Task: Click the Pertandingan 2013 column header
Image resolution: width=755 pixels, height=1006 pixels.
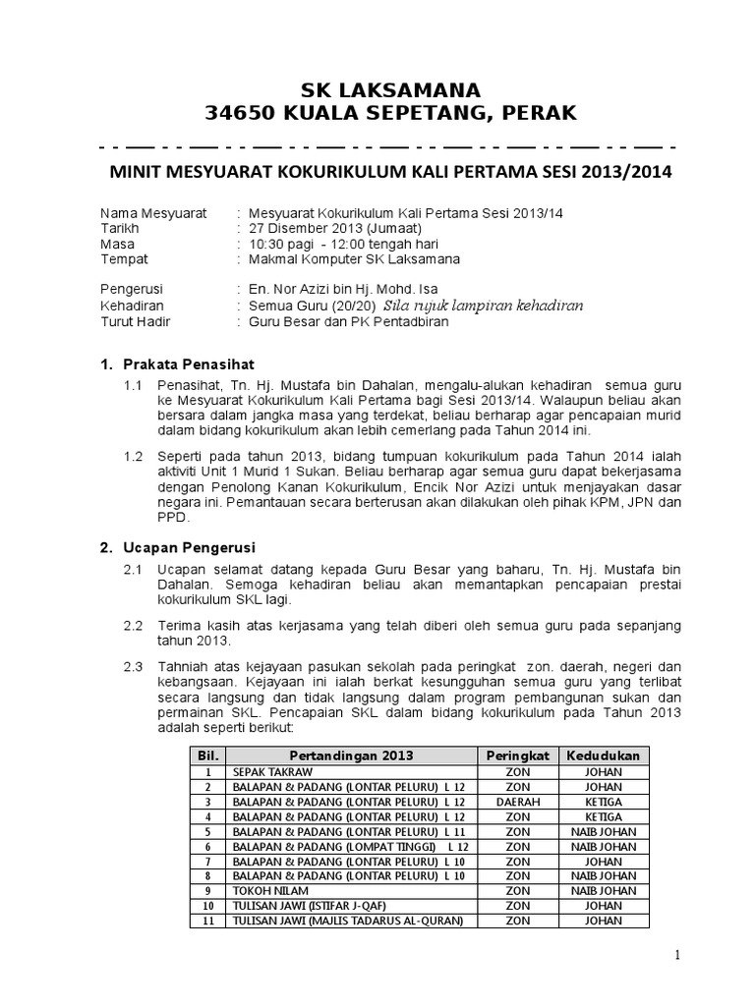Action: [351, 754]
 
